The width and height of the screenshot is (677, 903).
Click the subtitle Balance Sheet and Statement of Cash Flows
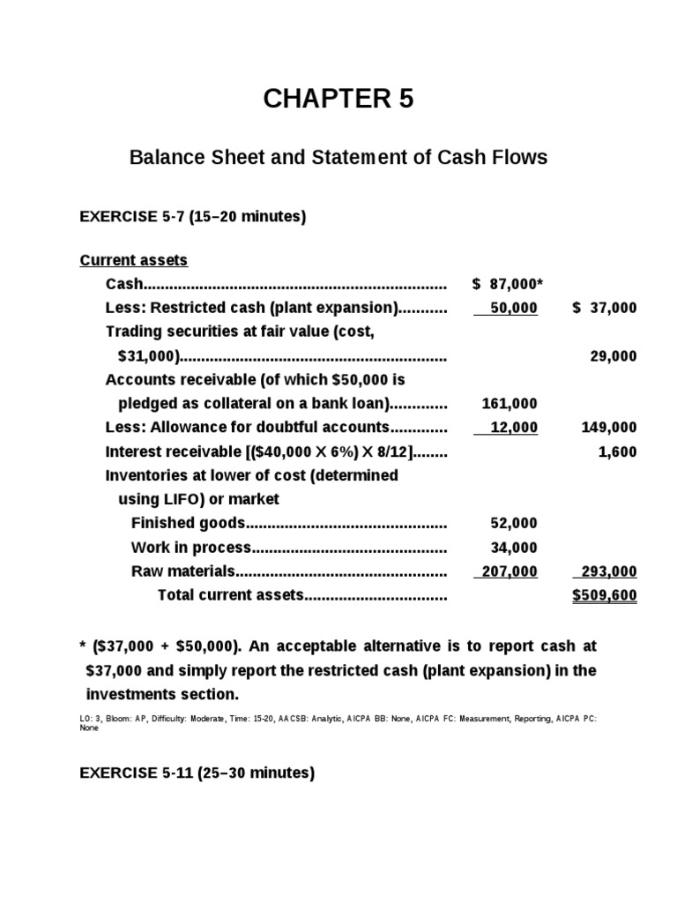click(x=338, y=158)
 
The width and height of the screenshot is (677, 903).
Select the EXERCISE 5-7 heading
click(x=193, y=216)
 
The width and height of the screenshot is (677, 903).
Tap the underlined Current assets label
click(x=134, y=260)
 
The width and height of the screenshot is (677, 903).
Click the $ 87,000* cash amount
click(x=507, y=284)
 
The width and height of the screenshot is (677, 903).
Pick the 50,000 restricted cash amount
click(x=513, y=308)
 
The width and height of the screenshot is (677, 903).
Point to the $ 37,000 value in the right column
click(x=604, y=308)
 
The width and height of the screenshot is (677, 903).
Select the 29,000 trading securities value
click(x=613, y=355)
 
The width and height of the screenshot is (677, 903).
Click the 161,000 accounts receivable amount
click(x=510, y=403)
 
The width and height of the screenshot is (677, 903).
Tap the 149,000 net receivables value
click(x=609, y=427)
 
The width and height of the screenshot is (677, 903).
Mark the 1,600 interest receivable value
click(x=617, y=451)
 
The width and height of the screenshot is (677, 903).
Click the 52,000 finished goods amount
click(x=513, y=523)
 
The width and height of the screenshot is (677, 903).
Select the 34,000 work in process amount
click(x=513, y=547)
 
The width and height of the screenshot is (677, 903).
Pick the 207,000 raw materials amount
click(x=508, y=571)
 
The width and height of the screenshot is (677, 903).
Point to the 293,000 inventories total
click(x=607, y=571)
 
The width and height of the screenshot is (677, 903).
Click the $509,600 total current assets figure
click(x=605, y=595)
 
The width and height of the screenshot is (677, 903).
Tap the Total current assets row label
click(x=231, y=595)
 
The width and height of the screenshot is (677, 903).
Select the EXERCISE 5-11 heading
click(x=197, y=773)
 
